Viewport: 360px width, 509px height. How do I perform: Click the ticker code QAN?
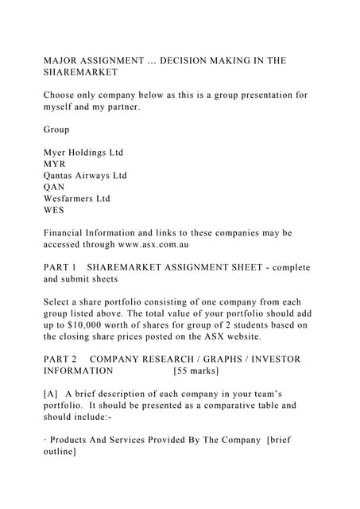click(56, 187)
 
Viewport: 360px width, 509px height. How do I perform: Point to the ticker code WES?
click(55, 210)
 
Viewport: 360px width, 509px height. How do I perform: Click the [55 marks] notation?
click(195, 371)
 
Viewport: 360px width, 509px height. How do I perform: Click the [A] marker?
click(51, 394)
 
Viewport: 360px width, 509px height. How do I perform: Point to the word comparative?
click(219, 406)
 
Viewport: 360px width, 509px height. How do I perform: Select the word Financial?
click(68, 233)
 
